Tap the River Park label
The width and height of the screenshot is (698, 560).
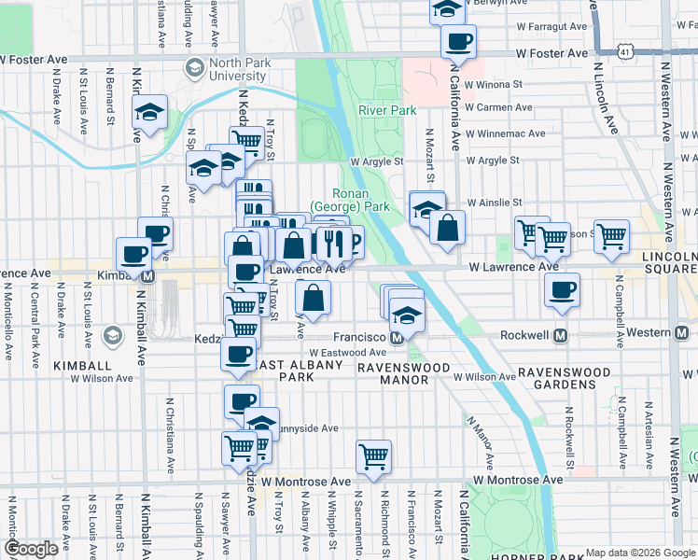[x=386, y=110]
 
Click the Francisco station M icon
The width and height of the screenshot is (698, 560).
[x=397, y=336]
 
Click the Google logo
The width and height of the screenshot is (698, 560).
[x=31, y=549]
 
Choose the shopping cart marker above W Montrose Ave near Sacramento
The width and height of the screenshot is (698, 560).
[x=373, y=456]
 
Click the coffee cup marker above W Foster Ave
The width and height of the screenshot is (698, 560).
[x=458, y=41]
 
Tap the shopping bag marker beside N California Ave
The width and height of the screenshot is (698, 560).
[x=448, y=227]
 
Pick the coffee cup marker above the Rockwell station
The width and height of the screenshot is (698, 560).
[x=562, y=289]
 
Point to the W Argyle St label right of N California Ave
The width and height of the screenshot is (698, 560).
[x=492, y=161]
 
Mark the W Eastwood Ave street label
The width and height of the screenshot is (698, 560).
[x=346, y=353]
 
